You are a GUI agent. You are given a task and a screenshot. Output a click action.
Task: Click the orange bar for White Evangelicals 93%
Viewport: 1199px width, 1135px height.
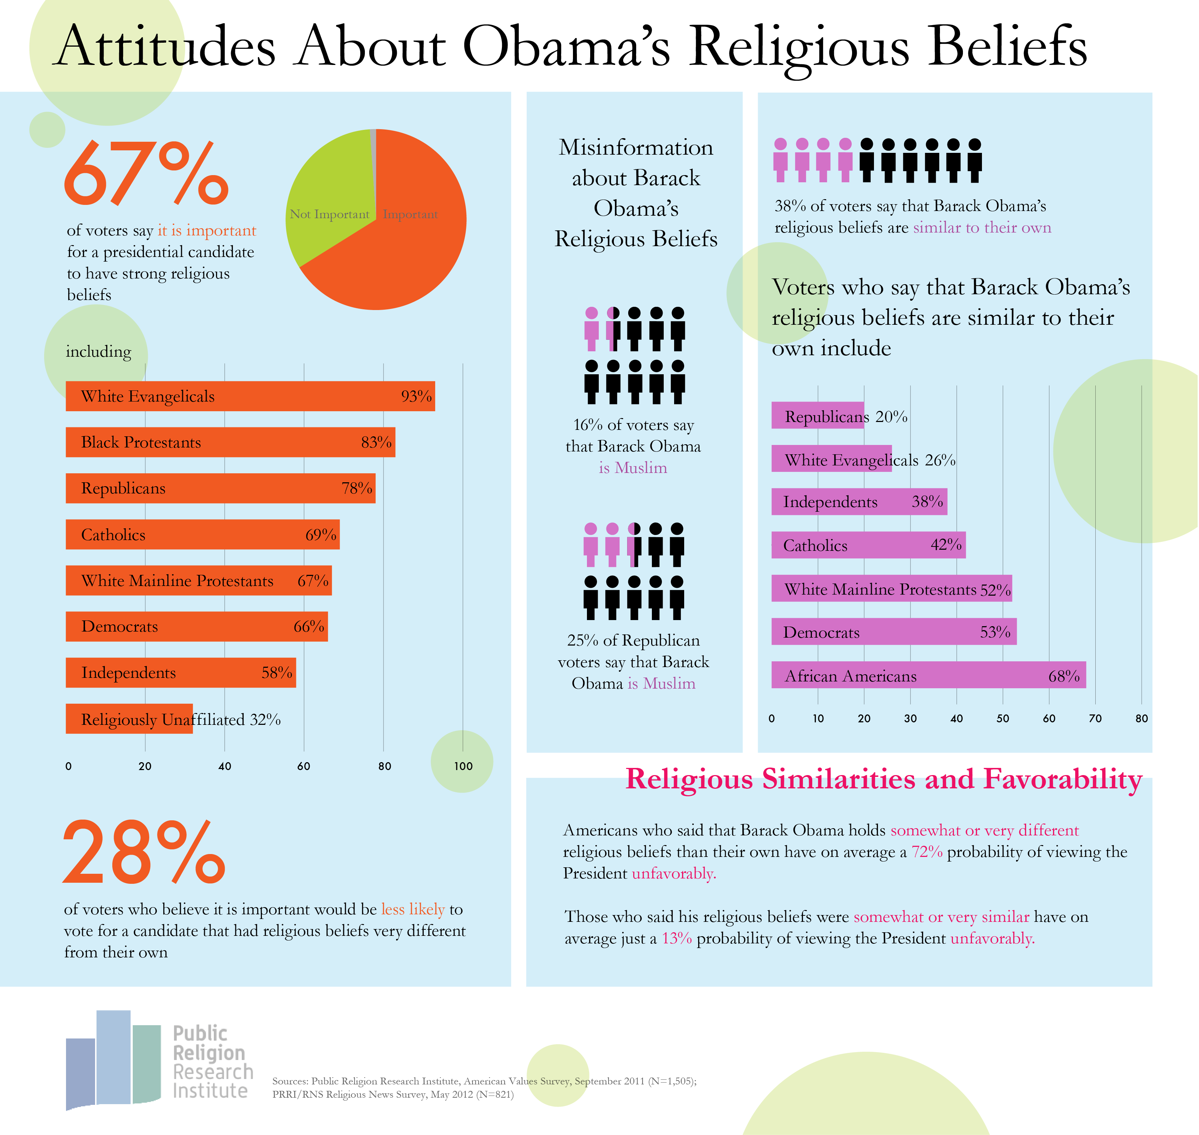pos(250,396)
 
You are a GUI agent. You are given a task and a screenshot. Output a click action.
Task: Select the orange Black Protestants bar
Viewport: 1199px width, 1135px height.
pos(230,442)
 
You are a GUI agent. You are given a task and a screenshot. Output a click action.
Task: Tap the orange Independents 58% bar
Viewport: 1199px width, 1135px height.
pos(180,673)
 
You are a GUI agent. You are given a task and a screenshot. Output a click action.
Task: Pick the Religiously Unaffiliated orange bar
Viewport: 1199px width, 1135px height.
pos(129,719)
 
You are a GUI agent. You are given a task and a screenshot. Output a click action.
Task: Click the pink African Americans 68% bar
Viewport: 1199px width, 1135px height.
pos(928,675)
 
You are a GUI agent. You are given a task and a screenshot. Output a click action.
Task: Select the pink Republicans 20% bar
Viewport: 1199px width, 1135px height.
pos(817,416)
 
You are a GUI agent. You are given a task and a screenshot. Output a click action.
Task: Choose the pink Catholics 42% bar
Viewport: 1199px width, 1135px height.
pos(868,545)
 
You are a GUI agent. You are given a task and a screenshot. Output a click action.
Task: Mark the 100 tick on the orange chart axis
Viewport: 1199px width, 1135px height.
pos(463,766)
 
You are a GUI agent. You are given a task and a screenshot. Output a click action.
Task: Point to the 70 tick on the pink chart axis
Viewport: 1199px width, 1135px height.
pos(1095,719)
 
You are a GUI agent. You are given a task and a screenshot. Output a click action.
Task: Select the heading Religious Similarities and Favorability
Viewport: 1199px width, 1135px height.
pos(883,779)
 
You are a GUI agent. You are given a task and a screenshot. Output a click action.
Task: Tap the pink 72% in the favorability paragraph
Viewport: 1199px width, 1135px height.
pos(927,852)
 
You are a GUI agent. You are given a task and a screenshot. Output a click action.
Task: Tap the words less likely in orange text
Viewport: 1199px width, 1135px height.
pos(413,909)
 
